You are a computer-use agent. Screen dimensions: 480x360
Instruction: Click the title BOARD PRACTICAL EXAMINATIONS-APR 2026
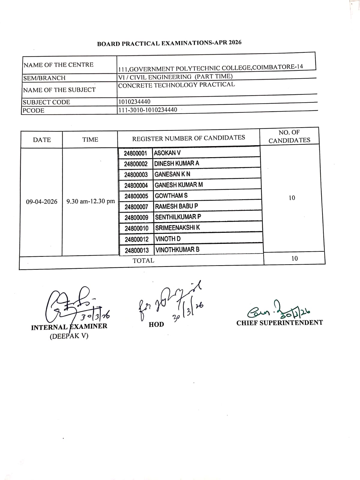pyautogui.click(x=169, y=43)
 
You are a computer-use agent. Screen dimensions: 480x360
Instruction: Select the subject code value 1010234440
pyautogui.click(x=134, y=102)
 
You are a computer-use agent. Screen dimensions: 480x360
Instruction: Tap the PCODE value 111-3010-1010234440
pyautogui.click(x=148, y=110)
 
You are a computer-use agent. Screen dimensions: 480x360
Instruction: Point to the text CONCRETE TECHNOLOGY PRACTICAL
pyautogui.click(x=176, y=85)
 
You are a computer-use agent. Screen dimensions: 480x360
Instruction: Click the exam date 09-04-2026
pyautogui.click(x=42, y=201)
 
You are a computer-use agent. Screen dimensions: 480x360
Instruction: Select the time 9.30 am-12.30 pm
pyautogui.click(x=91, y=201)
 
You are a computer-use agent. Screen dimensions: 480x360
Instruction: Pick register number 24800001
pyautogui.click(x=136, y=153)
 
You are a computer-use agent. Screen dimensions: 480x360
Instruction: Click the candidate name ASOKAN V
pyautogui.click(x=167, y=153)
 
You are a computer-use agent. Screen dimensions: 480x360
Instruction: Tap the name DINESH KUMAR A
pyautogui.click(x=177, y=163)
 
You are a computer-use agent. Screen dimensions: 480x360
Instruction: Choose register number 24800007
pyautogui.click(x=136, y=207)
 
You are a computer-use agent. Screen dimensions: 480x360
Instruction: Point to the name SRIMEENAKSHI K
pyautogui.click(x=178, y=228)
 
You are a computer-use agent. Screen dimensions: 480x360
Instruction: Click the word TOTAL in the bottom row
pyautogui.click(x=143, y=260)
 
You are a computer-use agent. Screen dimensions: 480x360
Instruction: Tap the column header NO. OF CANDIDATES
pyautogui.click(x=289, y=136)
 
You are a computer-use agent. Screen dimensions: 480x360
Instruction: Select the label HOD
pyautogui.click(x=156, y=324)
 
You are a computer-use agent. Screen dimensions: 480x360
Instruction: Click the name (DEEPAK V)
pyautogui.click(x=69, y=336)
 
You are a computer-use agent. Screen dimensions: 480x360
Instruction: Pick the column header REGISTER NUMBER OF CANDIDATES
pyautogui.click(x=189, y=138)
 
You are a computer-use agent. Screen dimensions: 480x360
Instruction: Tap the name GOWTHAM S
pyautogui.click(x=171, y=196)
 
